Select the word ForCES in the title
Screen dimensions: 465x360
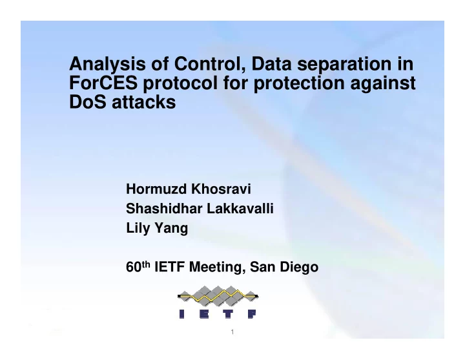(x=103, y=83)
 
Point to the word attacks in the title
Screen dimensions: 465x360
(x=144, y=102)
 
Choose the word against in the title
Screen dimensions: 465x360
(x=383, y=83)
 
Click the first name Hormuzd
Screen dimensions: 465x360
(x=156, y=189)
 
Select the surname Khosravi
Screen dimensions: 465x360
(x=221, y=189)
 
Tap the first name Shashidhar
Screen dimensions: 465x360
(x=164, y=208)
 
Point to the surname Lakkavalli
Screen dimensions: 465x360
(x=240, y=208)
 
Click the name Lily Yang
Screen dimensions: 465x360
(x=157, y=228)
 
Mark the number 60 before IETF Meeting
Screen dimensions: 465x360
(x=134, y=267)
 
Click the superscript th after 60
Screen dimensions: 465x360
(x=145, y=264)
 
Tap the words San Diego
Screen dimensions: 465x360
(x=284, y=267)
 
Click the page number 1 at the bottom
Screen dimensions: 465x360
(x=232, y=332)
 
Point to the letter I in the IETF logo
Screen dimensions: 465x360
(x=181, y=314)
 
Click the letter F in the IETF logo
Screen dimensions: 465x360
(x=251, y=314)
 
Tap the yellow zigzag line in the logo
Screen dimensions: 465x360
(x=218, y=296)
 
